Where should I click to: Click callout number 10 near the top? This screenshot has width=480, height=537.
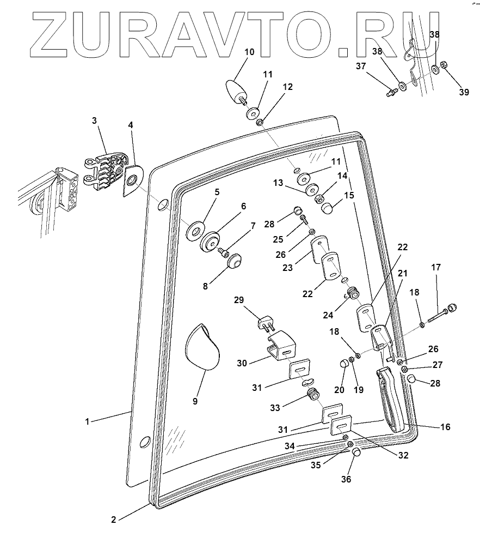pyautogui.click(x=249, y=52)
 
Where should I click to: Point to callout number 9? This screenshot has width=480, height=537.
pyautogui.click(x=195, y=401)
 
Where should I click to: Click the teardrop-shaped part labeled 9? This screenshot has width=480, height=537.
pyautogui.click(x=202, y=349)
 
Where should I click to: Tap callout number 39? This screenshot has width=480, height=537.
pyautogui.click(x=464, y=92)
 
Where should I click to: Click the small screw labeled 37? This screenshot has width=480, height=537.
pyautogui.click(x=391, y=93)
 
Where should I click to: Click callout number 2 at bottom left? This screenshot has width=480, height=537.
pyautogui.click(x=113, y=520)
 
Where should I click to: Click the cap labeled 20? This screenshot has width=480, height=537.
pyautogui.click(x=344, y=365)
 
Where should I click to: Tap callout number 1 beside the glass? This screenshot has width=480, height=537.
pyautogui.click(x=88, y=421)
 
